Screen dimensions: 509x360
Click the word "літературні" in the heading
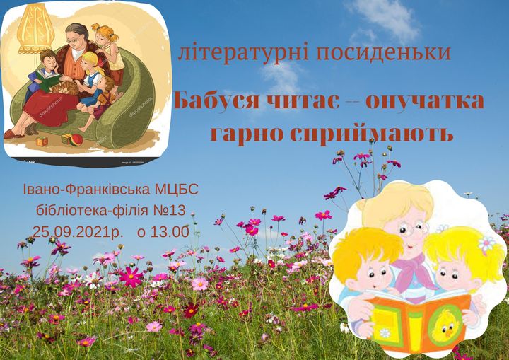click(x=243, y=52)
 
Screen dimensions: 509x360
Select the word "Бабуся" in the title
click(x=217, y=100)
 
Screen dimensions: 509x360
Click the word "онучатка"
click(x=425, y=101)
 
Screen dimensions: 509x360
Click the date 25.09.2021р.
click(x=78, y=232)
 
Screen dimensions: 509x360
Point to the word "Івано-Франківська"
click(x=87, y=190)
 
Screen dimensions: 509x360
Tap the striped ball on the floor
click(x=76, y=140)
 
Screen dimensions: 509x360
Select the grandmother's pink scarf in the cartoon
click(x=414, y=273)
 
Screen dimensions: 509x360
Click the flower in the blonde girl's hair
click(x=486, y=243)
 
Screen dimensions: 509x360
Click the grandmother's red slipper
click(x=13, y=134)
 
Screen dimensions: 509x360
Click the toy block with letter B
click(x=42, y=141)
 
